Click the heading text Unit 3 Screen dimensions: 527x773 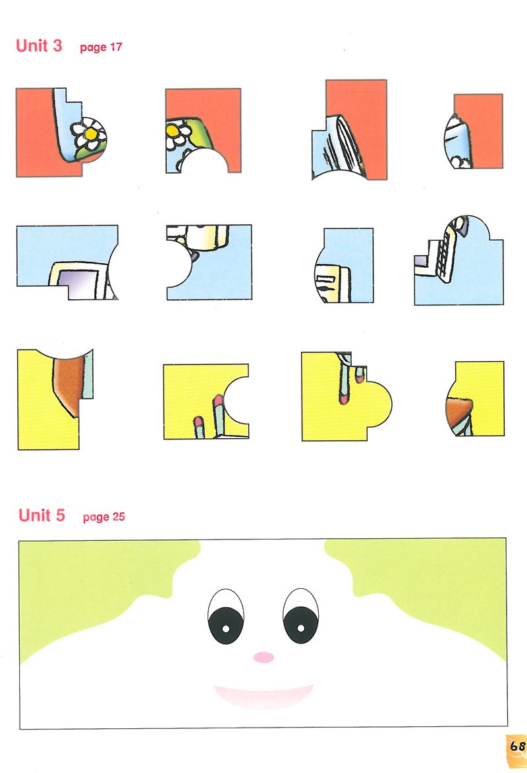[39, 45]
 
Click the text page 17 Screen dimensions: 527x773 [101, 47]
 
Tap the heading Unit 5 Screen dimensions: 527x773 [42, 515]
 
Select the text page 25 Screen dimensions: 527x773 [103, 517]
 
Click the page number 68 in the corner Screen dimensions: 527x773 [517, 746]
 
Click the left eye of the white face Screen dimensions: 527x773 [226, 616]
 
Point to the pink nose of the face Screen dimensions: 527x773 [263, 657]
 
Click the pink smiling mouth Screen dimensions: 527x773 [263, 695]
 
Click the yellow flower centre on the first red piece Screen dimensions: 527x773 [90, 133]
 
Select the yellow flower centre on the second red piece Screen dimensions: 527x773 [172, 131]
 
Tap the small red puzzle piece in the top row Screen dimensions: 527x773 [473, 131]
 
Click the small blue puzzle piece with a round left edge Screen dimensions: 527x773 [343, 265]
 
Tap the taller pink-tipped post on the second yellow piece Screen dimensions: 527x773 [218, 415]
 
